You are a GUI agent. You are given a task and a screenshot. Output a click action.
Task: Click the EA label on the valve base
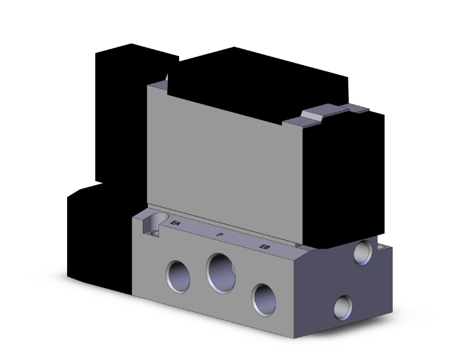176,221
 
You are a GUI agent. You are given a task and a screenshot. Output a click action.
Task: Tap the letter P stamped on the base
219,235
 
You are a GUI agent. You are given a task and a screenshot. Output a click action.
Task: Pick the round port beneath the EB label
264,297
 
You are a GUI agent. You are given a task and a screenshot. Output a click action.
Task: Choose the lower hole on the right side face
343,307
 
